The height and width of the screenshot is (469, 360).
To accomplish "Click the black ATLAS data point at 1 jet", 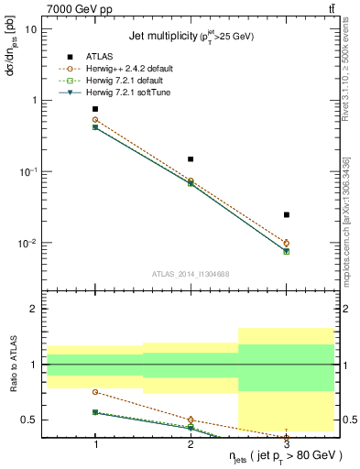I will [x=95, y=109].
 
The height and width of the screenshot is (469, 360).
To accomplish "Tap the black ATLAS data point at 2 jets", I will [x=191, y=159].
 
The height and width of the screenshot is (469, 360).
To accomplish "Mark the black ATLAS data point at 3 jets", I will [x=286, y=214].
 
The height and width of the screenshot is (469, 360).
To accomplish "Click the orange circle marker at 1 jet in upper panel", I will [x=95, y=120].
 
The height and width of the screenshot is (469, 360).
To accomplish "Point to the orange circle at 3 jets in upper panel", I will [x=286, y=243].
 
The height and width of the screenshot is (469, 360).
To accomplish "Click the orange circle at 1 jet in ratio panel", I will [x=95, y=392].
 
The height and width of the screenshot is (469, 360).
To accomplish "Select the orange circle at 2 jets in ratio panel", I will [x=191, y=420].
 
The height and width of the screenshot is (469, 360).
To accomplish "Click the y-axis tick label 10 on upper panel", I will [x=31, y=28].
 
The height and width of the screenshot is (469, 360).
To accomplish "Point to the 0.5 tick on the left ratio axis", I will [x=29, y=420].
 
